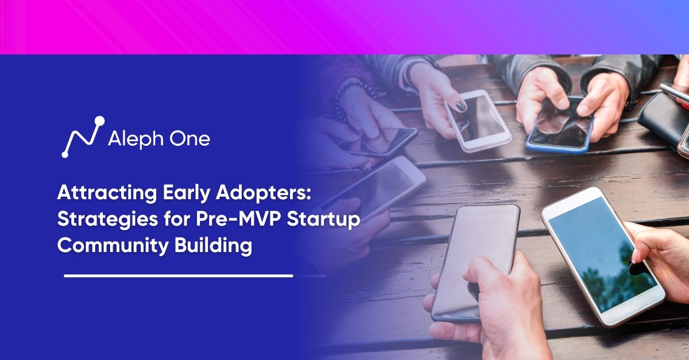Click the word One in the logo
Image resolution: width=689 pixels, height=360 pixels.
190,139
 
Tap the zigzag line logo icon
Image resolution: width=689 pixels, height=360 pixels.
83,137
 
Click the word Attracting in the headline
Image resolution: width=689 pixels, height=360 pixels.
107,193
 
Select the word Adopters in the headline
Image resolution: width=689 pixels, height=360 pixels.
264,193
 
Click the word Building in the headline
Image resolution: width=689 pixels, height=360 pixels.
214,246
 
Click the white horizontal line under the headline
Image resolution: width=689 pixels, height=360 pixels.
179,276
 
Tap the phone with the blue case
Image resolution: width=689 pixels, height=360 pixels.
559,125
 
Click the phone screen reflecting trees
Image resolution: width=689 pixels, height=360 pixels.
603,254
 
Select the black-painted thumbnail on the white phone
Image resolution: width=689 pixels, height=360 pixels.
461,106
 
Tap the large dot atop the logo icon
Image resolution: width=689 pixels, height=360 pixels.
100,121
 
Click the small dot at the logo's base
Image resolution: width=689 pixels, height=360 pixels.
65,155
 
